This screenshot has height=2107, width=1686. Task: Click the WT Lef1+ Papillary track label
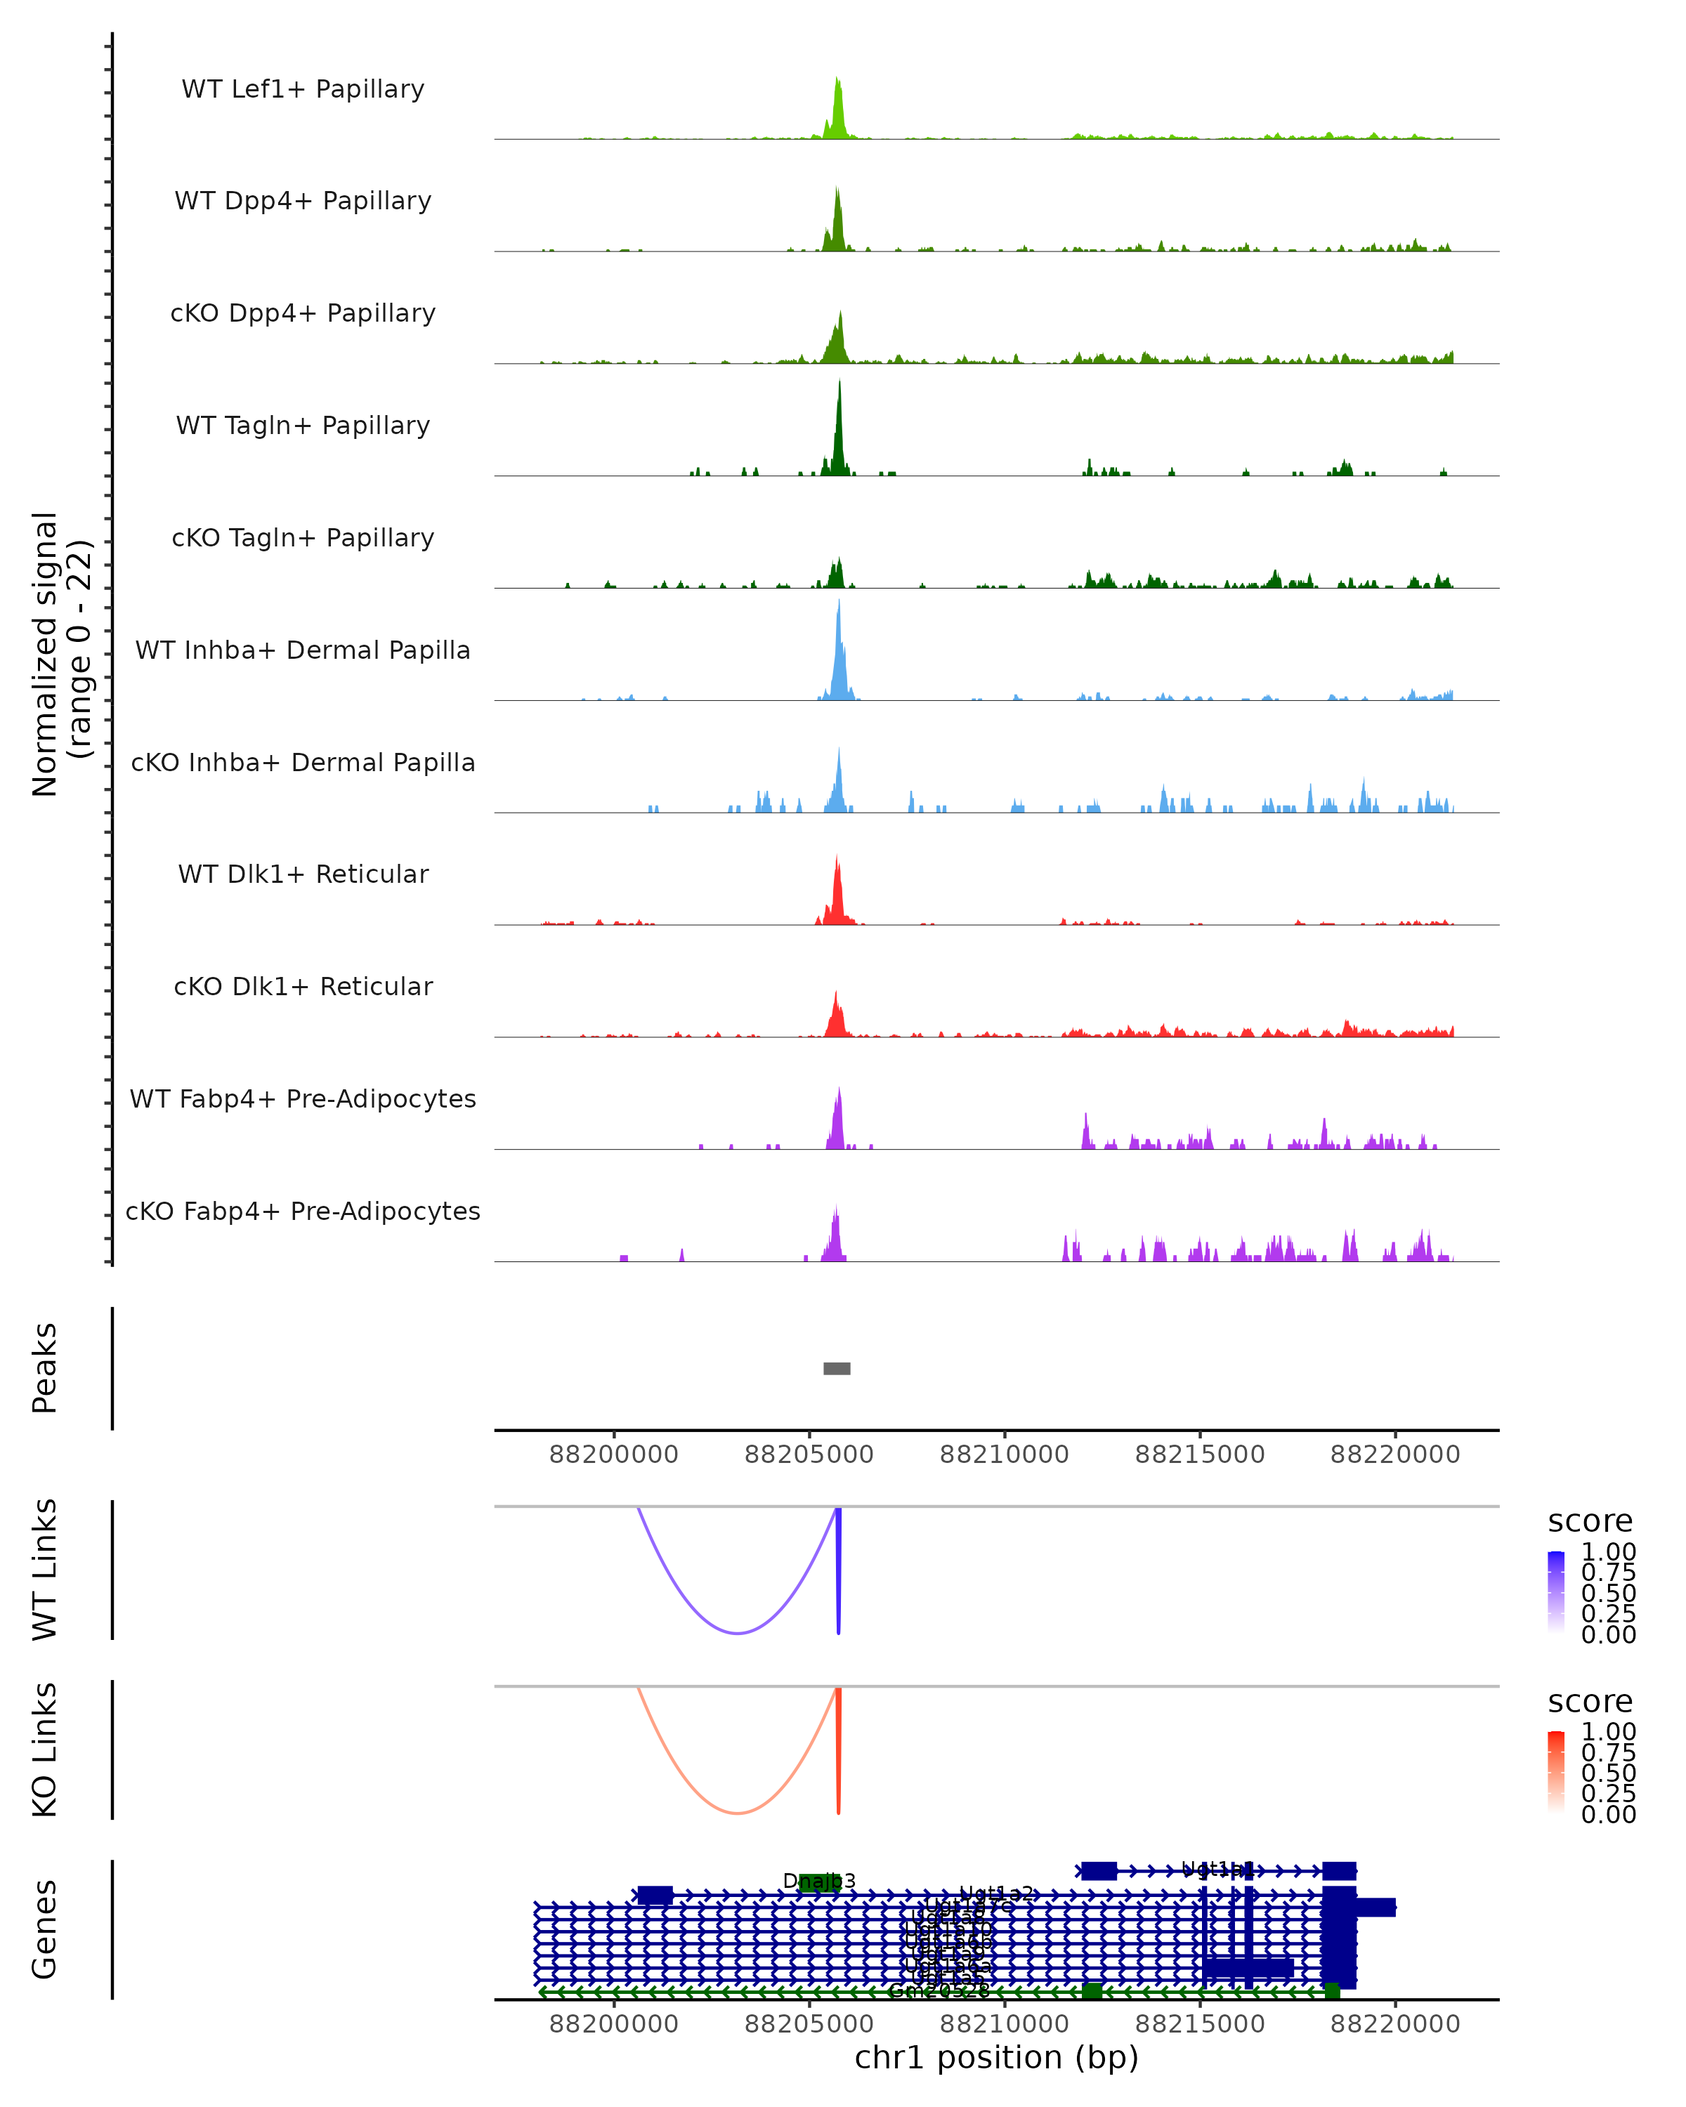303,89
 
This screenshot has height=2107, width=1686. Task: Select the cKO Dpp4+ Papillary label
303,313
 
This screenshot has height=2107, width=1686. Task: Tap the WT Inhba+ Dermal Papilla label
303,650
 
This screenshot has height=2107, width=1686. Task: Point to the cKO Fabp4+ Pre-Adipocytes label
303,1211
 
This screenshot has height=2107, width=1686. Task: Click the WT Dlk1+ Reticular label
303,874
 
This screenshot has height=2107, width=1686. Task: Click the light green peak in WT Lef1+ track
837,107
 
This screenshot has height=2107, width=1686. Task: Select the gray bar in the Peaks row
837,1368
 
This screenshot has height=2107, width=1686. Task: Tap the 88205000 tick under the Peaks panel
809,1455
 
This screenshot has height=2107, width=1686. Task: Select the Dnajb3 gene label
819,1880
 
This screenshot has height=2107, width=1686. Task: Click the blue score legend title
1590,1521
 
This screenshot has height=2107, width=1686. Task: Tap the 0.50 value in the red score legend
1608,1773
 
